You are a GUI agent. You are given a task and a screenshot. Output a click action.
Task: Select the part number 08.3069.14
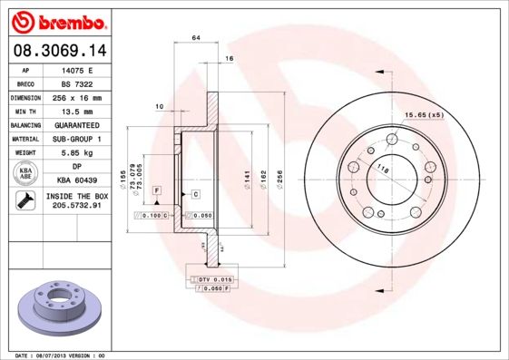point(58,51)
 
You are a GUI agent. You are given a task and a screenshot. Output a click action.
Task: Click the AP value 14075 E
point(77,69)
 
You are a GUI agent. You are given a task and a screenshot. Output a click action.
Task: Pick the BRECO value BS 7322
point(77,83)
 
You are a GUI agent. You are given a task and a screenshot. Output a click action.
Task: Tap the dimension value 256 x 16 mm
point(77,97)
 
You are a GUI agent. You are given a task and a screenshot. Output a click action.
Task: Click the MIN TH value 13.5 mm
point(77,111)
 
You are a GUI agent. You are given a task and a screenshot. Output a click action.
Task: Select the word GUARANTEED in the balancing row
point(77,125)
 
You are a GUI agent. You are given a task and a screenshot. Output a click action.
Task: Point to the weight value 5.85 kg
point(77,153)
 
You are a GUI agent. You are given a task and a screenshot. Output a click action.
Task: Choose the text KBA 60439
point(77,181)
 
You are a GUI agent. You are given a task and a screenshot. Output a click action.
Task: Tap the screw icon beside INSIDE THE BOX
point(25,201)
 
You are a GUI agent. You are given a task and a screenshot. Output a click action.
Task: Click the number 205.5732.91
point(77,207)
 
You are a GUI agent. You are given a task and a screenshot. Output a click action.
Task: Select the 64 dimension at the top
point(195,37)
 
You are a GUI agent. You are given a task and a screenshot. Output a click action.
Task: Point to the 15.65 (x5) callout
point(424,115)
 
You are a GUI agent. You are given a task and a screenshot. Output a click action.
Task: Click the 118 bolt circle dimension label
point(383,170)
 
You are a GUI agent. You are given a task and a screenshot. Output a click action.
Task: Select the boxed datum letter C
point(195,195)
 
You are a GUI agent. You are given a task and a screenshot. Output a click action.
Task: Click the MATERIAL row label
point(24,139)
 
